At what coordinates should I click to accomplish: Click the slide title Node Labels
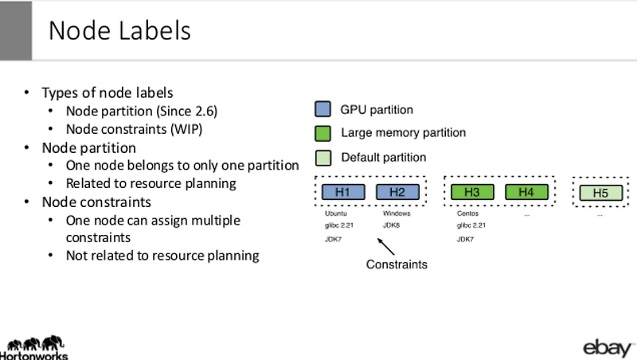(x=119, y=30)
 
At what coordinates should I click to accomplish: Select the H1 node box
(x=342, y=192)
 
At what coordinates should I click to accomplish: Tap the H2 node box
(x=397, y=192)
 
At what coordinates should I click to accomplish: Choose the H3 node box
(x=471, y=192)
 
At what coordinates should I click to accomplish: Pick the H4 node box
(x=526, y=192)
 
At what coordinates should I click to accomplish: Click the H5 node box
(x=600, y=193)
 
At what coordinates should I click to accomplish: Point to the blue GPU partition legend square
(x=323, y=109)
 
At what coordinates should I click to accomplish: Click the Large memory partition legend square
(x=323, y=133)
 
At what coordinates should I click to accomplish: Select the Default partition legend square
(x=323, y=157)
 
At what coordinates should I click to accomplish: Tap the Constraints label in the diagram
(x=397, y=264)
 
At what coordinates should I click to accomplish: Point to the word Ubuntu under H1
(x=336, y=213)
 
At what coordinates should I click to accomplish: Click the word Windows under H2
(x=397, y=213)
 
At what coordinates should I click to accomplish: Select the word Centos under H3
(x=467, y=213)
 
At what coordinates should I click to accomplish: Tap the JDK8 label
(x=391, y=225)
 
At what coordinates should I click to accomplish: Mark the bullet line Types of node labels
(x=107, y=92)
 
